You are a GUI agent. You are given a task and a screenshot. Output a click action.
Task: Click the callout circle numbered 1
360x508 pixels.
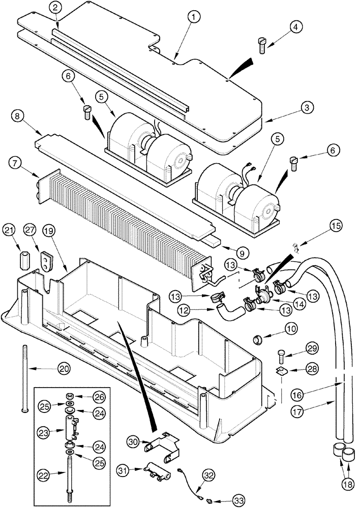193,17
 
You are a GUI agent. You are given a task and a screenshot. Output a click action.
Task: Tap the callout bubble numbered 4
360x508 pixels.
295,27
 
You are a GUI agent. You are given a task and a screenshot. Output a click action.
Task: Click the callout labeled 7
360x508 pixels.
16,164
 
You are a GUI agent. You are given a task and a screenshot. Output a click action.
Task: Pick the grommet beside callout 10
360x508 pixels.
258,338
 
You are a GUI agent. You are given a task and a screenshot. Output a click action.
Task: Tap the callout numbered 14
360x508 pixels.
285,303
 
